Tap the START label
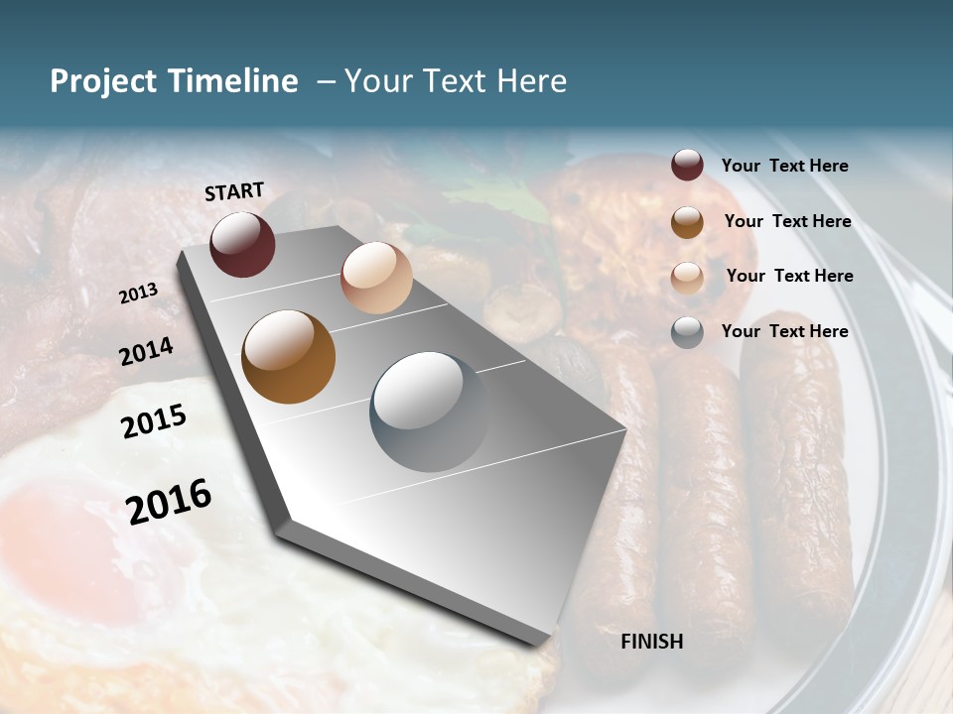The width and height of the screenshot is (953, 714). tap(234, 191)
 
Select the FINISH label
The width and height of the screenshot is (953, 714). tap(652, 642)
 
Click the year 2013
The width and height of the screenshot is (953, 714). tap(139, 294)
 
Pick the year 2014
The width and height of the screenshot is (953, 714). tap(146, 351)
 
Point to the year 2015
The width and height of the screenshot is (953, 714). tap(154, 421)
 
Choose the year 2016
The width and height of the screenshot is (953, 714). tap(169, 501)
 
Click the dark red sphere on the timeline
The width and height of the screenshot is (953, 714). tap(242, 244)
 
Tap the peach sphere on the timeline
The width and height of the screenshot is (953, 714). tap(376, 278)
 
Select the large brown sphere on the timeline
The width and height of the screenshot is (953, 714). tap(289, 357)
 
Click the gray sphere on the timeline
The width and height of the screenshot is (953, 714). tap(430, 412)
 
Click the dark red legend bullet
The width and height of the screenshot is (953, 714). tap(687, 166)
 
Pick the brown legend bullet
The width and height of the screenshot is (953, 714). tap(687, 221)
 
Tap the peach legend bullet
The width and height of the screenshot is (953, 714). tap(687, 277)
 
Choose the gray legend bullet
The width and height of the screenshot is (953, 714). tap(687, 332)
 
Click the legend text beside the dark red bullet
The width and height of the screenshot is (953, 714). tap(784, 166)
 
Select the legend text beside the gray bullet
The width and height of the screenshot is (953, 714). tap(784, 331)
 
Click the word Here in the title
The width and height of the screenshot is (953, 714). tap(531, 81)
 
